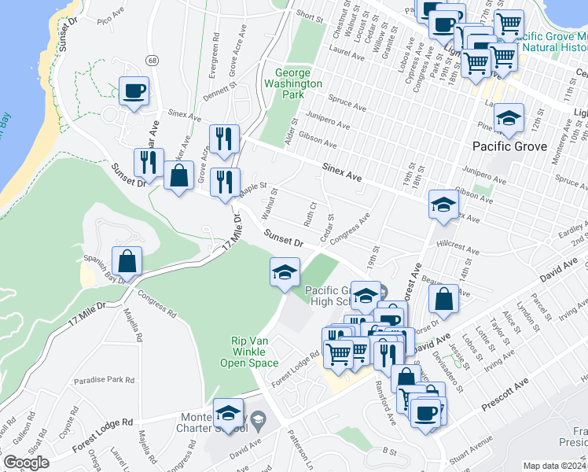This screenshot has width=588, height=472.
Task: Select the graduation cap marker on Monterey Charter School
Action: (x=228, y=412)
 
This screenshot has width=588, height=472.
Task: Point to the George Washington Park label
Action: (x=293, y=83)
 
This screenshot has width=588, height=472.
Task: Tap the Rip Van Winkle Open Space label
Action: (x=254, y=352)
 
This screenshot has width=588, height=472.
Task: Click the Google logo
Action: (x=26, y=463)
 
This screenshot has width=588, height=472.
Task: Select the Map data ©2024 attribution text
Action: (x=553, y=465)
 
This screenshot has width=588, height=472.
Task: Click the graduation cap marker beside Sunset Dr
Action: (x=285, y=273)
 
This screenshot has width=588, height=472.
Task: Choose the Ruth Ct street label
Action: (x=310, y=212)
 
